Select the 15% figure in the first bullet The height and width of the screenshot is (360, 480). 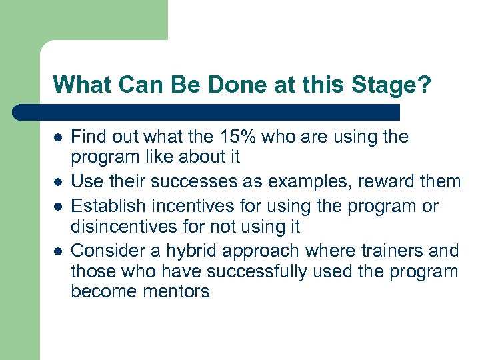click(x=230, y=137)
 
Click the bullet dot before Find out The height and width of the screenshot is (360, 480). click(x=58, y=138)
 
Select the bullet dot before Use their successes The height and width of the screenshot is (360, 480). click(x=58, y=182)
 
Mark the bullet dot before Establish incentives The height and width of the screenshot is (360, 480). click(x=58, y=207)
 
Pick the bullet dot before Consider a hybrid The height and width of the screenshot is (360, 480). click(x=58, y=251)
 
